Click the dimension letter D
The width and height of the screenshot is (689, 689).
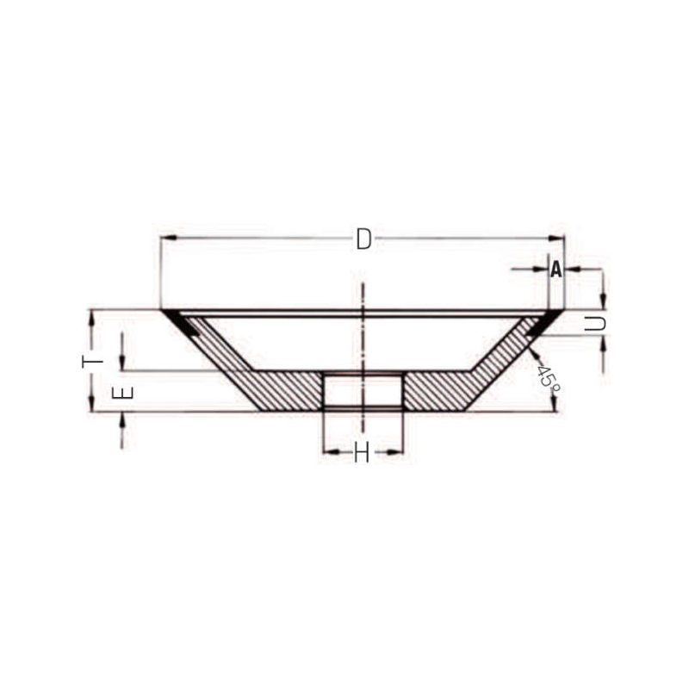[363, 239]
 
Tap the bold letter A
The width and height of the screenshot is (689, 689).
[556, 270]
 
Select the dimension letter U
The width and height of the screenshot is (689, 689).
[595, 324]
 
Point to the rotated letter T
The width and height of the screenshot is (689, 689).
[93, 361]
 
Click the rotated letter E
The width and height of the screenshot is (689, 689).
[122, 393]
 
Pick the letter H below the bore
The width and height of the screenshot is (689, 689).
[362, 452]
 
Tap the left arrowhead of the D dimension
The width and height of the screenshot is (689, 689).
[169, 238]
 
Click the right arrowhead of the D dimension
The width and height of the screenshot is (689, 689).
[556, 238]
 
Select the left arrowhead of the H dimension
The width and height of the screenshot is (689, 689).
[331, 451]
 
